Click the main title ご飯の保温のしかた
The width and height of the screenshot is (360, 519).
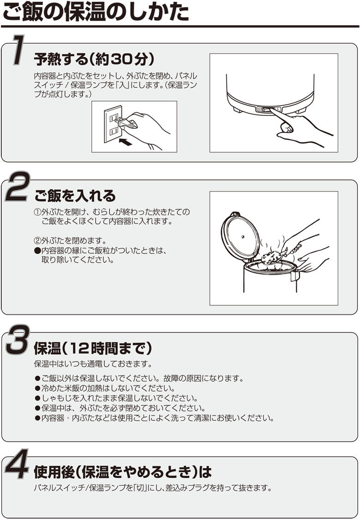[95, 12]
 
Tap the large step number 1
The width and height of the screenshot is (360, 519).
[18, 50]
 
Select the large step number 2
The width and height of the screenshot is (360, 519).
[18, 187]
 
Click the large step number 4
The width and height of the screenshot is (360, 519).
[17, 464]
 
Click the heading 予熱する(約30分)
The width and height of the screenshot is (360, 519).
[94, 60]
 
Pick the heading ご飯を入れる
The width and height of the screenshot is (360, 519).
[75, 196]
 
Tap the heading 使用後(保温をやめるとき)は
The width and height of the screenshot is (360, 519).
[122, 472]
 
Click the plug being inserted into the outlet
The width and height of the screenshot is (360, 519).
[127, 123]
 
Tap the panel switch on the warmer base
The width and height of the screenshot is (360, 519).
[268, 109]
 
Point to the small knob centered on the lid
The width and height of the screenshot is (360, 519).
[242, 237]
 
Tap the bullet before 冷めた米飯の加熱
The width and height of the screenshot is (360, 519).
[37, 388]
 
